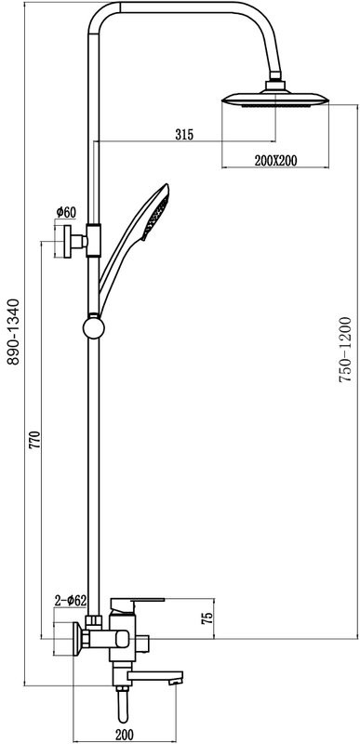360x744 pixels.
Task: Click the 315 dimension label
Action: pos(184,135)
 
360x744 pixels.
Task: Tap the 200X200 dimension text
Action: pos(275,161)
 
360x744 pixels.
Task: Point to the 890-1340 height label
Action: pos(14,332)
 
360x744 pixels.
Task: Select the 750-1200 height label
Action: pos(345,350)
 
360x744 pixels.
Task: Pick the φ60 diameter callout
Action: pos(66,212)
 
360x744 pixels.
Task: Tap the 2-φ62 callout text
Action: pos(70,601)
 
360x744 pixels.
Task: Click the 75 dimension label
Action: pos(207,618)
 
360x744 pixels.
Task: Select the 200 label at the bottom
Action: pos(125,735)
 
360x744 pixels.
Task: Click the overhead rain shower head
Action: pos(275,99)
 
